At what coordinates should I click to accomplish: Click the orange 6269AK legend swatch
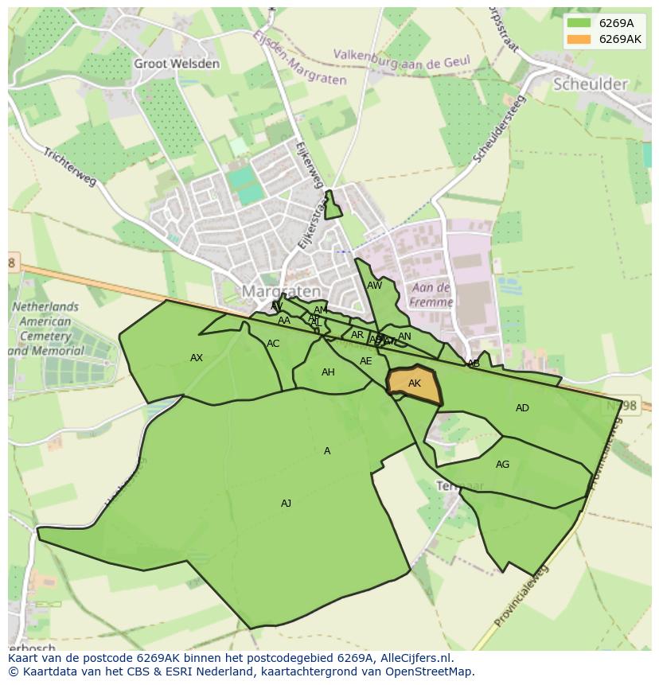579,39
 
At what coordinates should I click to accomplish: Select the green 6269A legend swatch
579,23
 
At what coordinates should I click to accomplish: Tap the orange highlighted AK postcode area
414,383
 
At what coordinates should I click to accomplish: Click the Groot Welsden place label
176,64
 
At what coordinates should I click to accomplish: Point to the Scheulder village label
590,84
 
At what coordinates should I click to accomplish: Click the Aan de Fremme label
431,294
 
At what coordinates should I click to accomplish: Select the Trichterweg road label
70,167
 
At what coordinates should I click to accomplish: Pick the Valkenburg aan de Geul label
402,59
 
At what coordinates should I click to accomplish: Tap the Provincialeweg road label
521,597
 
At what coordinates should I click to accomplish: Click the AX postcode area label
197,358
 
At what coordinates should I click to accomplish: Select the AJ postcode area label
286,503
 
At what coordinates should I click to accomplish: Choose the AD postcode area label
522,408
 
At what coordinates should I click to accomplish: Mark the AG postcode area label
502,465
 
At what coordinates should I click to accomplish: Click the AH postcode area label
328,372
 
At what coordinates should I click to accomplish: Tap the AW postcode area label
374,286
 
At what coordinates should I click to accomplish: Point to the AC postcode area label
273,344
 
